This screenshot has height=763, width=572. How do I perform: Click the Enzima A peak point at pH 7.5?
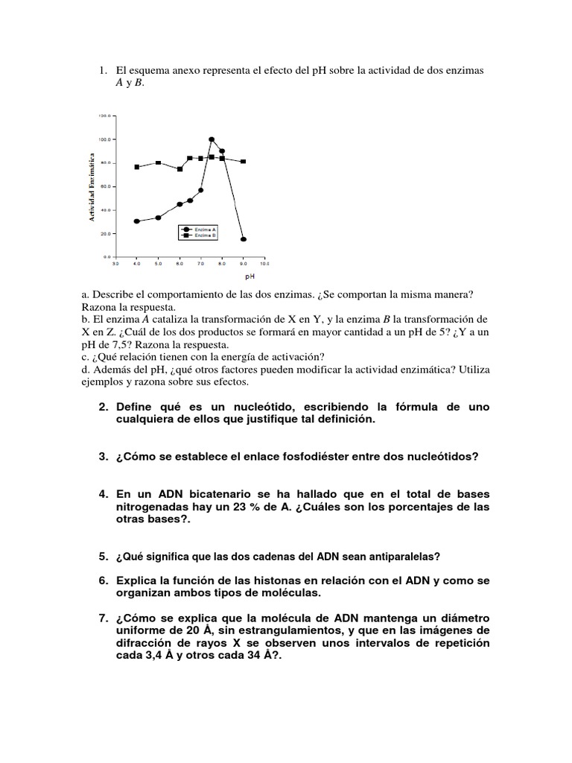click(212, 139)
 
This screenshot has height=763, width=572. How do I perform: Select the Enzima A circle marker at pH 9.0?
click(244, 239)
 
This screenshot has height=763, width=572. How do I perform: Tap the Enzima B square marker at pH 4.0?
click(137, 167)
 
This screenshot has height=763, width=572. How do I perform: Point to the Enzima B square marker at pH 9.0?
click(244, 161)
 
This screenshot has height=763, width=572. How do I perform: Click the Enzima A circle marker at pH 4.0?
click(137, 221)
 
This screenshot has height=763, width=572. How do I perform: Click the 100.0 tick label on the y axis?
click(104, 139)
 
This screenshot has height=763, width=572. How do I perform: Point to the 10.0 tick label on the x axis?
click(264, 264)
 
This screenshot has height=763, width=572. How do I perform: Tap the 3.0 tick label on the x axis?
click(115, 264)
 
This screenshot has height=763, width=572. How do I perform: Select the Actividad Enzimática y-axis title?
click(92, 186)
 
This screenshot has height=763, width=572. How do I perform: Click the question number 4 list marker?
click(103, 494)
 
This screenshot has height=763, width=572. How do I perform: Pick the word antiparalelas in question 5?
click(398, 557)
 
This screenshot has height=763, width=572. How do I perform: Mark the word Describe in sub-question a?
click(112, 295)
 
